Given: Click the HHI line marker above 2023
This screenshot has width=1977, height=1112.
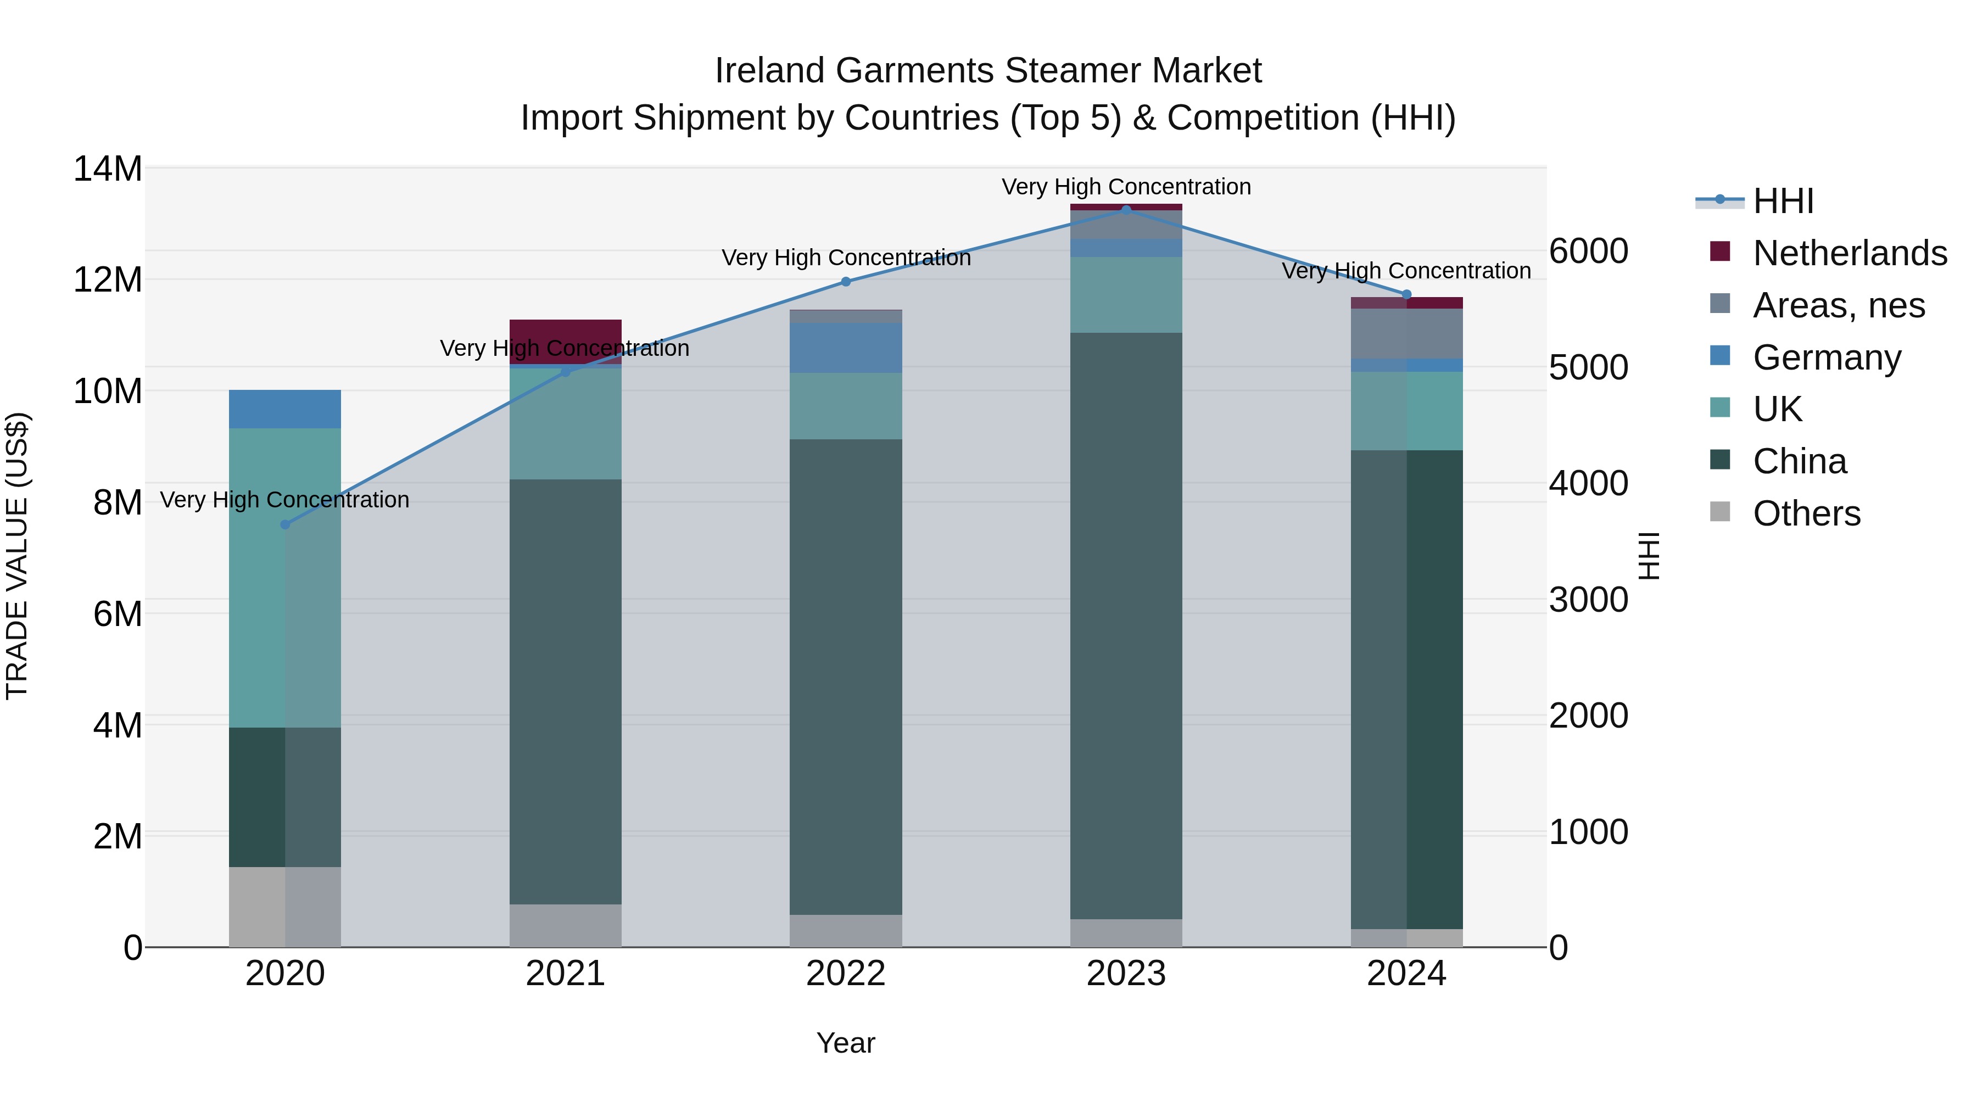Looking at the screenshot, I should (1126, 210).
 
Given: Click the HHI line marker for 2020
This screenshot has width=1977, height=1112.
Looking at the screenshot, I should (284, 525).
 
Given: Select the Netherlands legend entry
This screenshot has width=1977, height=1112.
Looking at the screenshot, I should (1849, 253).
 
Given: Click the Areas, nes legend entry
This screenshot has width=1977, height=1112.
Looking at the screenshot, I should (1838, 305).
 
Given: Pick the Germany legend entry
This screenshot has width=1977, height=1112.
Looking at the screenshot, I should (1827, 357).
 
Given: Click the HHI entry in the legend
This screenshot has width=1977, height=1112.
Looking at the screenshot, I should (1782, 201).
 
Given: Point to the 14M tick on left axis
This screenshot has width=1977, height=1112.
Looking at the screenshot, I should (108, 169).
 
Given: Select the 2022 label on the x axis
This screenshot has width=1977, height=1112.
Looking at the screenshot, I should (846, 974).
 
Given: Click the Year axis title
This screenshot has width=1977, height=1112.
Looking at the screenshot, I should (846, 1043).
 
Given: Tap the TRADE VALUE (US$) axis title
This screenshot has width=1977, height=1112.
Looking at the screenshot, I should (17, 556).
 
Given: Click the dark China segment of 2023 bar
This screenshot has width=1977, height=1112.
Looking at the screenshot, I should (1126, 625).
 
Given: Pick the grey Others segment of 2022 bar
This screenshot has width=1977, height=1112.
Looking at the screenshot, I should (846, 930).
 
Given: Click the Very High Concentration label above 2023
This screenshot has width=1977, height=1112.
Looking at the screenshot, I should (1126, 187).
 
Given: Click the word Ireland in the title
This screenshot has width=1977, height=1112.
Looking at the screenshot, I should (770, 71).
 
